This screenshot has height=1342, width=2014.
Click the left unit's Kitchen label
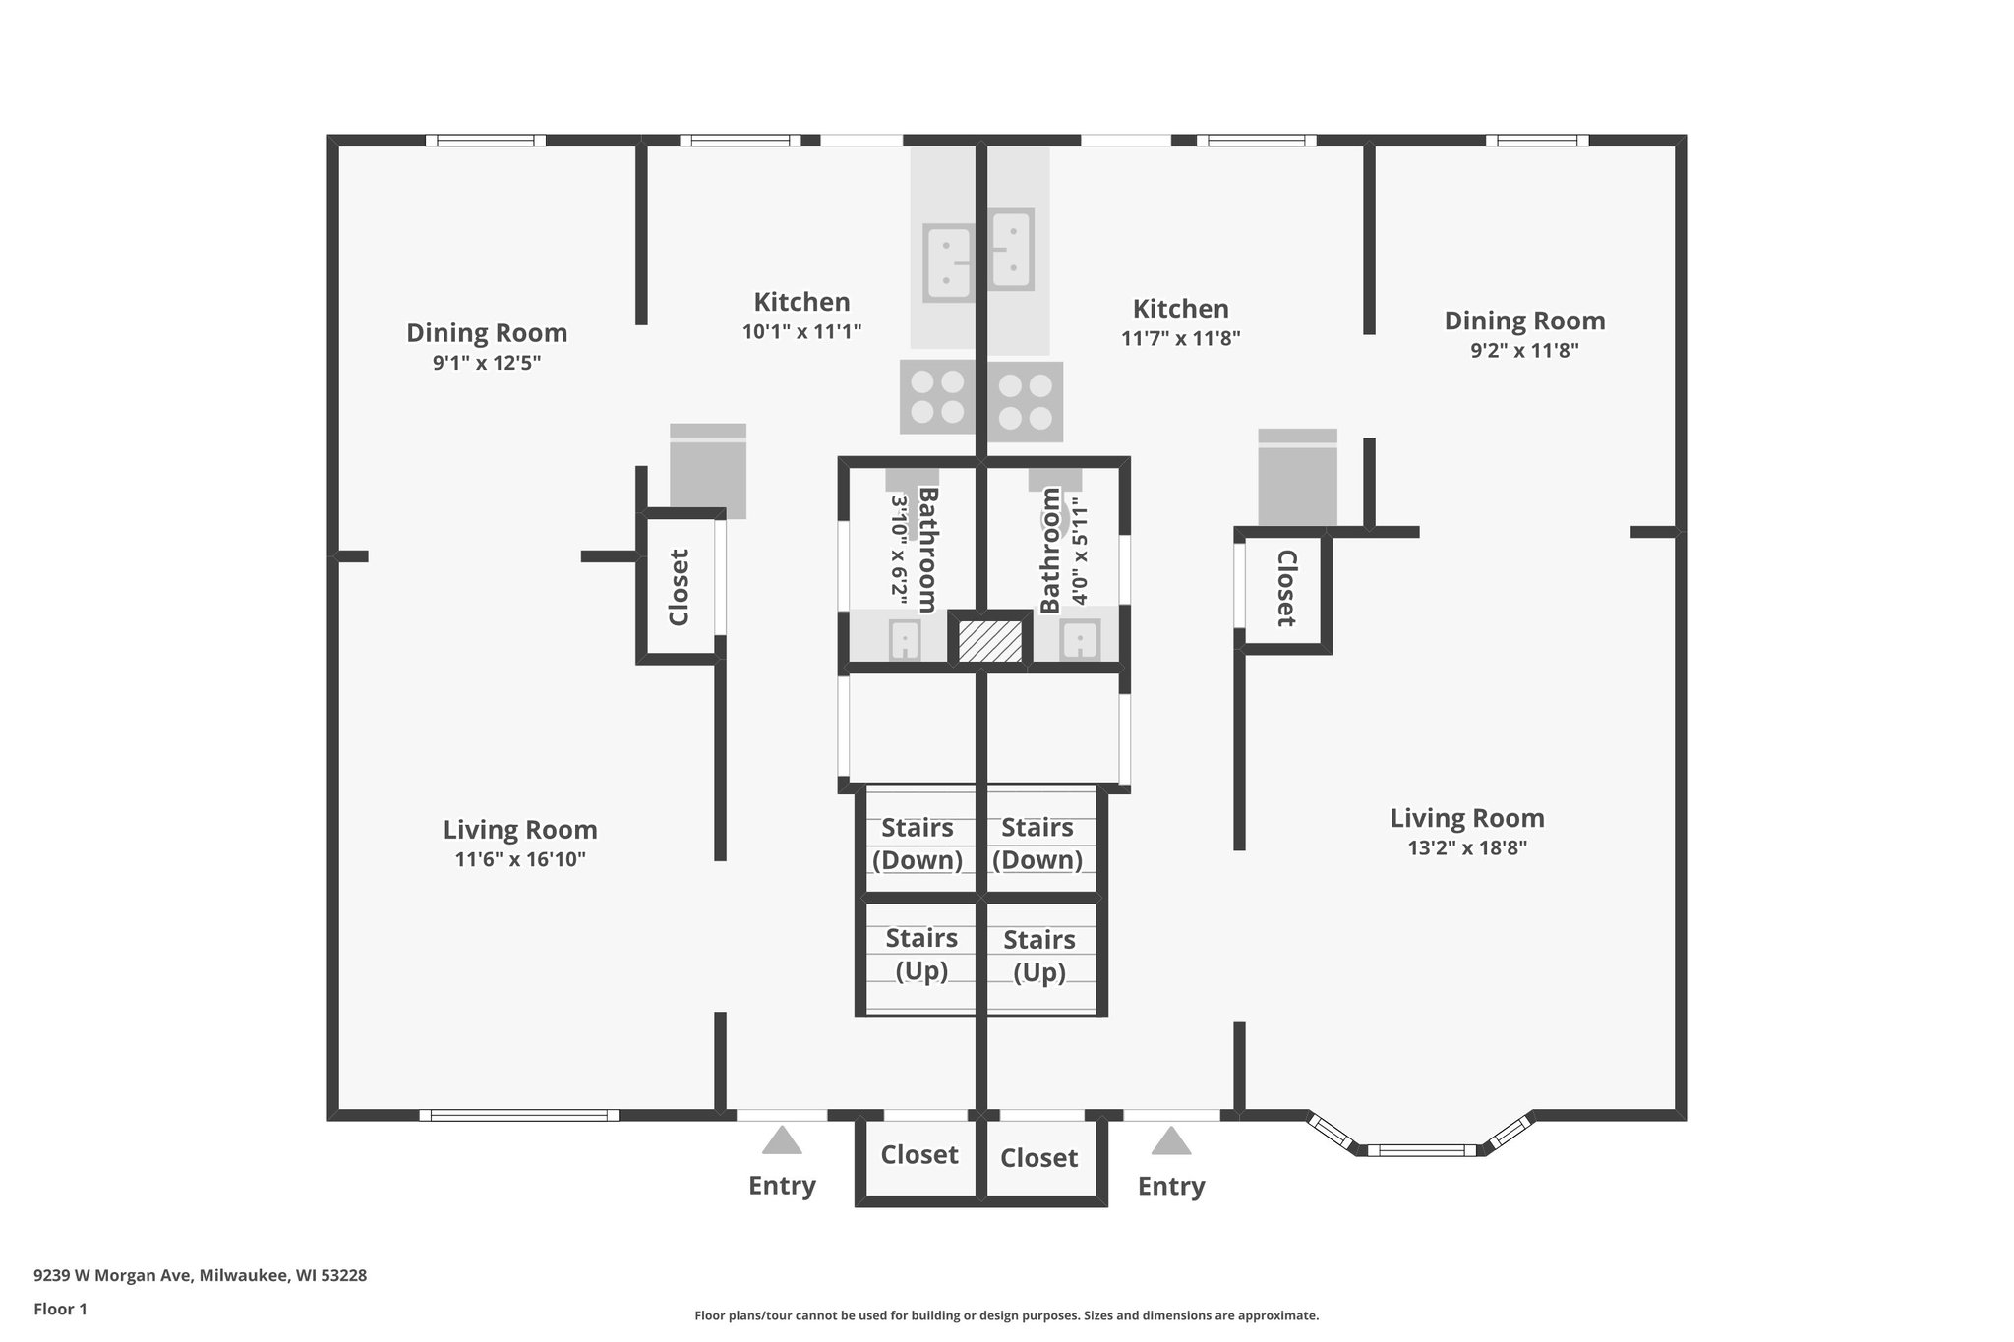click(x=801, y=302)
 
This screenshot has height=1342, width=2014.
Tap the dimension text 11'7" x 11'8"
click(x=1180, y=339)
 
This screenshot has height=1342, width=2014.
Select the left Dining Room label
click(x=487, y=332)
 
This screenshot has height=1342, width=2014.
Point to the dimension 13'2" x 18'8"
click(x=1466, y=848)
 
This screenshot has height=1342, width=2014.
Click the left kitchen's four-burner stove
click(x=937, y=397)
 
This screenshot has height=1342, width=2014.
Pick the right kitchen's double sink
click(x=1011, y=249)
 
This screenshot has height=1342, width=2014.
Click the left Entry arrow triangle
click(x=782, y=1140)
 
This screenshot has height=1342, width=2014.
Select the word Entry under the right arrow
click(x=1170, y=1187)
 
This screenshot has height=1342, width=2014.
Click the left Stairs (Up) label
click(x=920, y=954)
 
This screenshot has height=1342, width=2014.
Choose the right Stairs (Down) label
click(x=1037, y=844)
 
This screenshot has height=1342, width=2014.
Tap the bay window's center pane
click(x=1421, y=1149)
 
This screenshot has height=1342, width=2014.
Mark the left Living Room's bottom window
click(x=518, y=1115)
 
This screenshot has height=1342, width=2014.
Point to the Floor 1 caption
click(x=60, y=1310)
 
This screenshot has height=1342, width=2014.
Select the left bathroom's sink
click(x=904, y=641)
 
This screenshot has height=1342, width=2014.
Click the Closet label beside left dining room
click(x=679, y=587)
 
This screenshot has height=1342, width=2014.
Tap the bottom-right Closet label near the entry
click(x=1038, y=1158)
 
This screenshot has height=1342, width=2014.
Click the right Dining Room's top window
click(x=1536, y=141)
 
